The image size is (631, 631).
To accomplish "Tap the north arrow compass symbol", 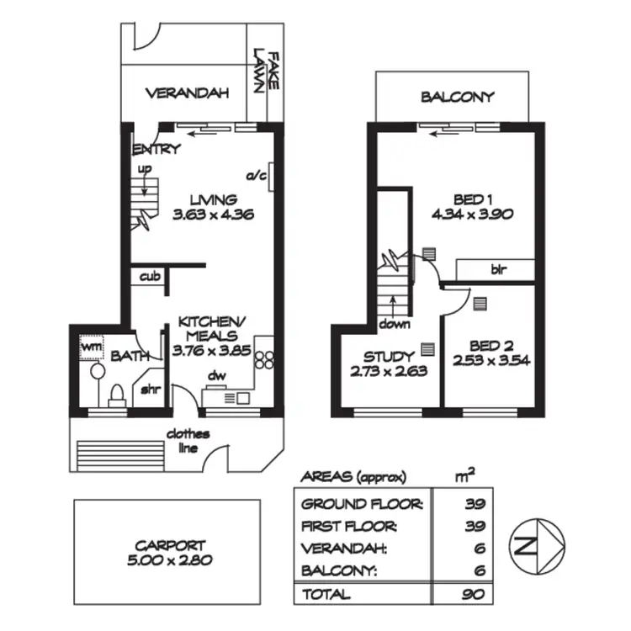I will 536,545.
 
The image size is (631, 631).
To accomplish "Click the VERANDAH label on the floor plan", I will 187,93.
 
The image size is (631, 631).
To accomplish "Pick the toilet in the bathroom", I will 118,391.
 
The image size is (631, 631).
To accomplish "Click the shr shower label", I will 151,390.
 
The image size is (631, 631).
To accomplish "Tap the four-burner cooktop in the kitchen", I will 264,359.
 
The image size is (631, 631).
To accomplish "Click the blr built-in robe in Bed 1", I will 499,270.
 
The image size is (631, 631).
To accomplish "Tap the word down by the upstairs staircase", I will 394,324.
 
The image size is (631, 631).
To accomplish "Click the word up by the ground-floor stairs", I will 144,169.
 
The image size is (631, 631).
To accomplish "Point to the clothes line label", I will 187,441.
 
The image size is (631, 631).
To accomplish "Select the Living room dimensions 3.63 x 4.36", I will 212,215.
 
